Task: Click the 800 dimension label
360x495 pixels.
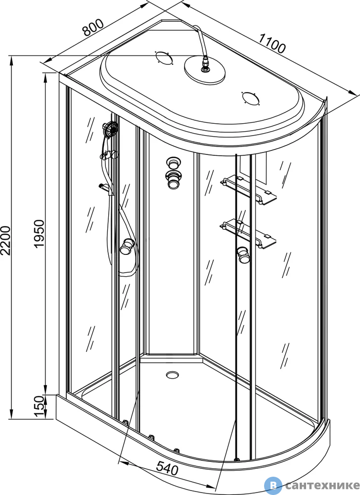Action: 92,27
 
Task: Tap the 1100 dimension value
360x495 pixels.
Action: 272,43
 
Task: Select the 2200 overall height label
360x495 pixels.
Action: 6,240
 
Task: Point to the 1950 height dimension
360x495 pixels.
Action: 39,233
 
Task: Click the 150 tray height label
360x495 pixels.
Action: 39,406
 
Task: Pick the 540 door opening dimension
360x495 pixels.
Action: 168,468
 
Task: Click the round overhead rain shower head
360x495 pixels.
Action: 205,70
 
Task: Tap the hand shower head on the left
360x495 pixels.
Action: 110,129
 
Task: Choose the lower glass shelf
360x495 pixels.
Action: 249,233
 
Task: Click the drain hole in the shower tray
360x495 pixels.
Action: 172,375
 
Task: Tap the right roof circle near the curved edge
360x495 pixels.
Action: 251,98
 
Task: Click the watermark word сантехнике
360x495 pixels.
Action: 322,485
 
